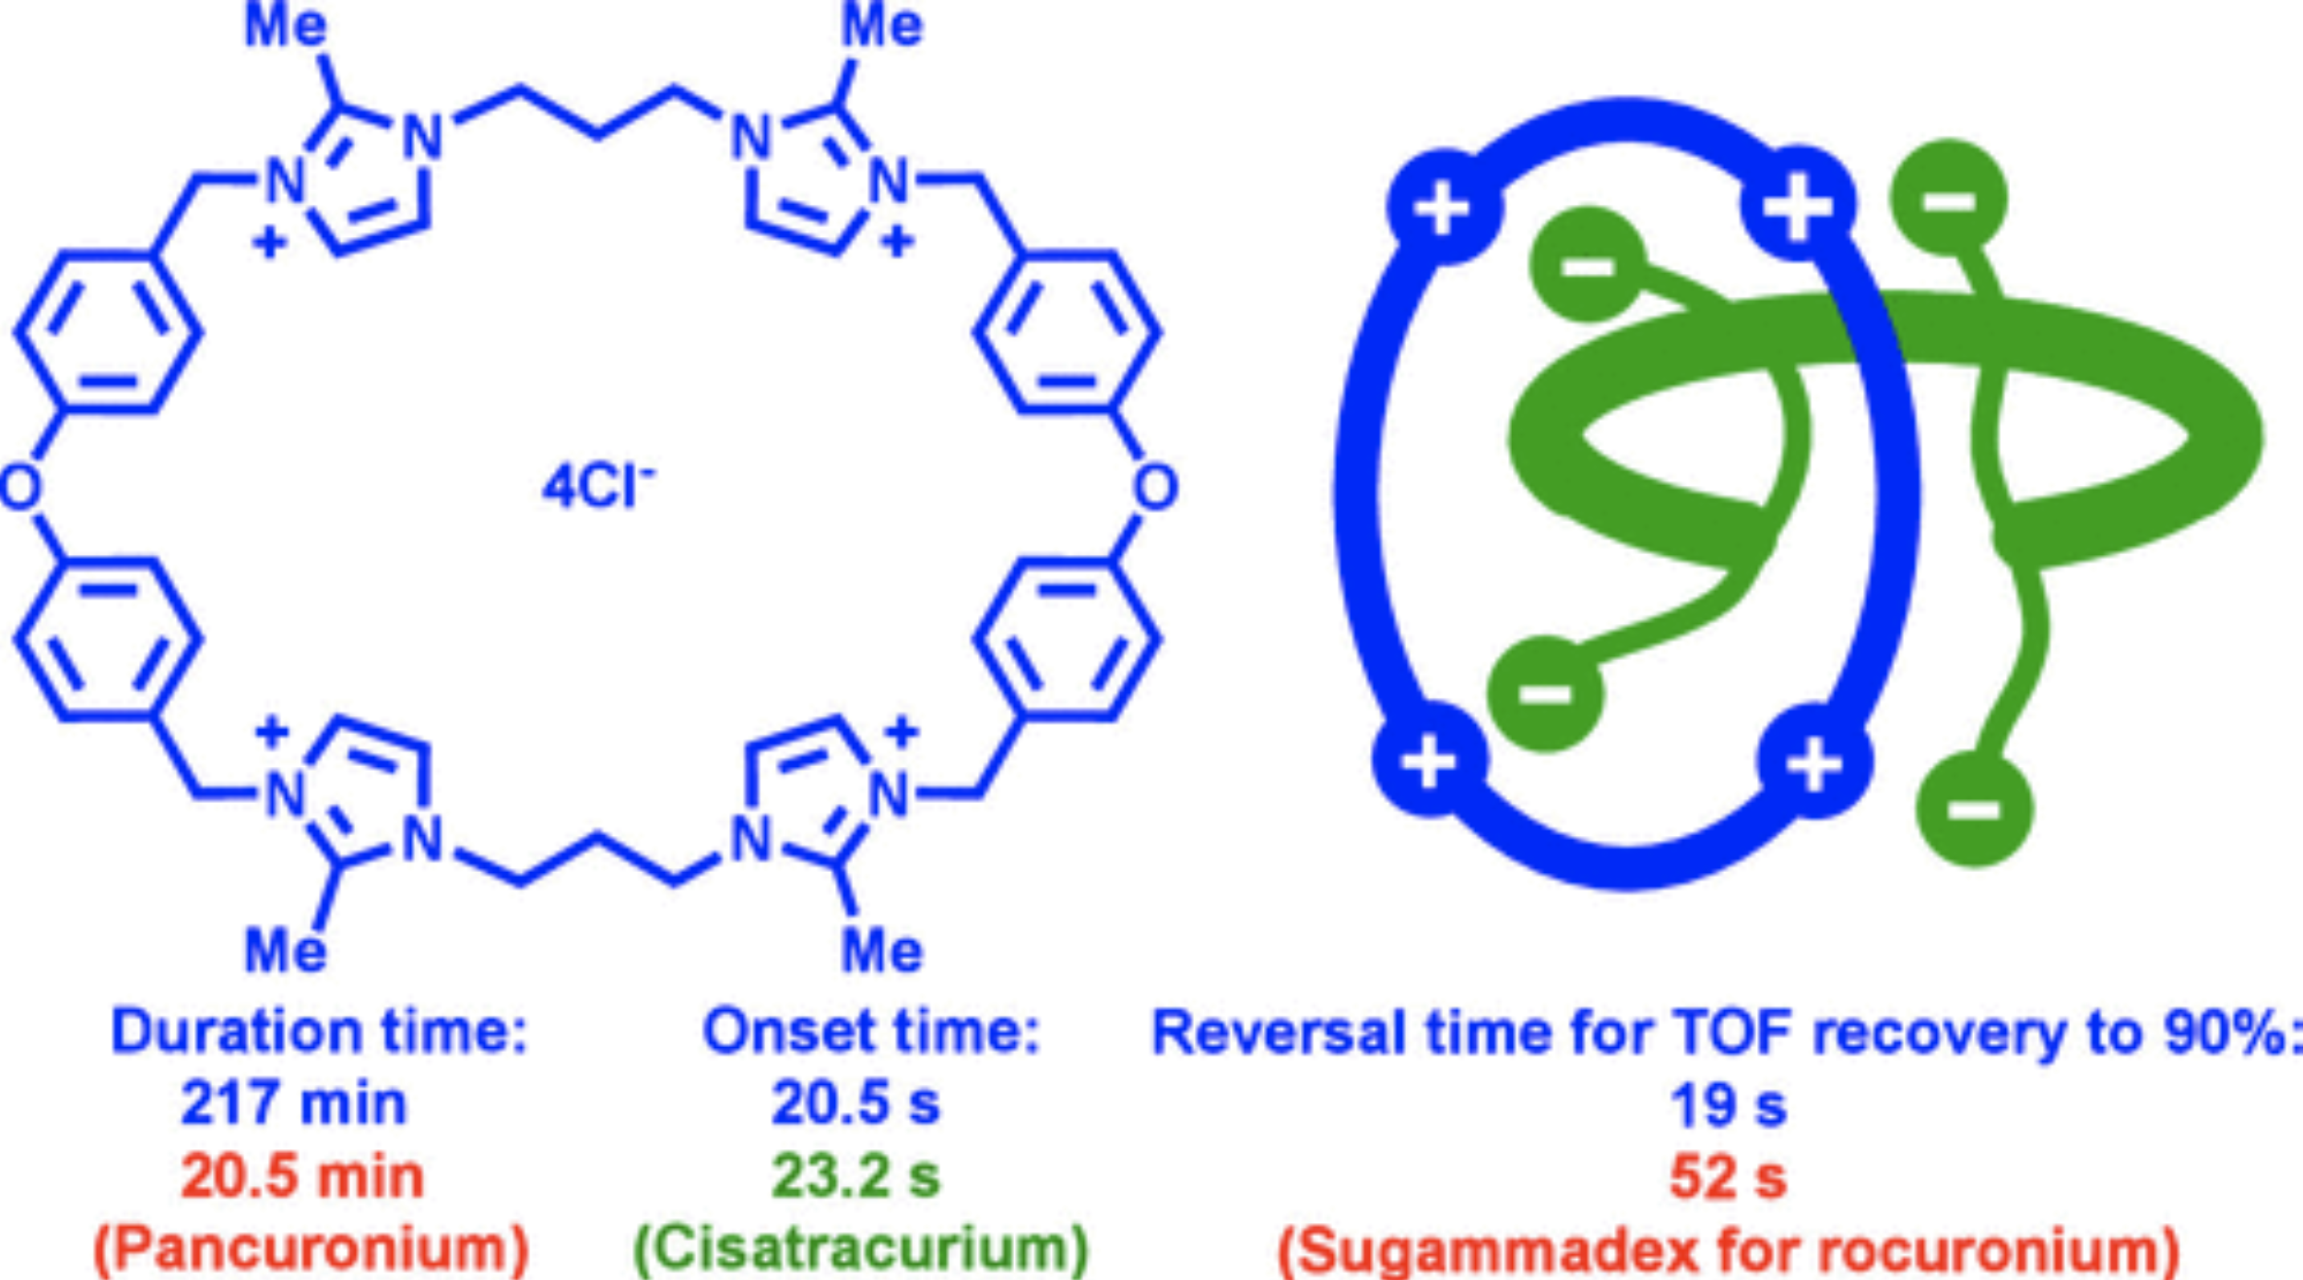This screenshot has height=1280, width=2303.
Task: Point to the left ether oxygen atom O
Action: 19,488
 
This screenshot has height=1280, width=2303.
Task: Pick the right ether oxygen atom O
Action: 1155,488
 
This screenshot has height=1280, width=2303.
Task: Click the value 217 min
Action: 293,1104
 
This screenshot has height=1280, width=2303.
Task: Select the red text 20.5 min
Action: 302,1176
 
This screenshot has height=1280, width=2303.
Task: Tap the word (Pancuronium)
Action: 311,1249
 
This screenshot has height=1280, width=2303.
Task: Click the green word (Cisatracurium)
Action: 861,1249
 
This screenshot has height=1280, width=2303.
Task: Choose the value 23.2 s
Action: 855,1176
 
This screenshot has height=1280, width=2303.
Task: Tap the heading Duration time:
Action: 319,1033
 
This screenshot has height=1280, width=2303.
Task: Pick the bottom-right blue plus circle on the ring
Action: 1813,761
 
